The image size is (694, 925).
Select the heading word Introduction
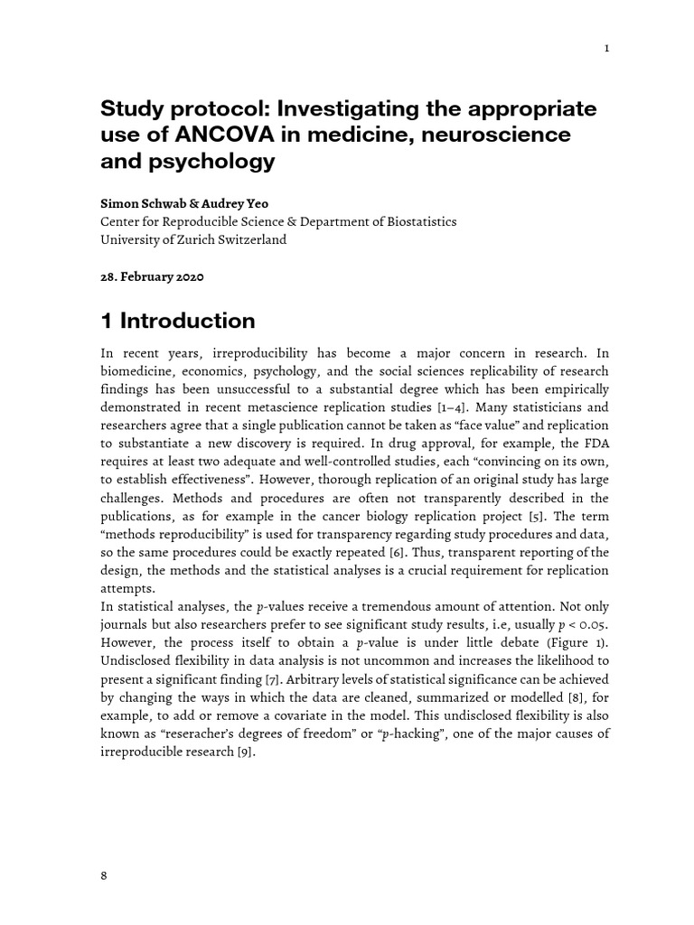coord(187,321)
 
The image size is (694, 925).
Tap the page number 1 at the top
coord(606,49)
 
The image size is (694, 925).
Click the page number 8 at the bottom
coord(103,874)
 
